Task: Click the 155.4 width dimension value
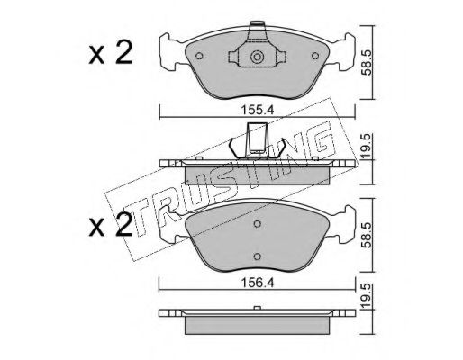(x=258, y=110)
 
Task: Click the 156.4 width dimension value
(x=258, y=283)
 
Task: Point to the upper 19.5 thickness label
(x=367, y=147)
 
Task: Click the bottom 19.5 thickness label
(x=367, y=297)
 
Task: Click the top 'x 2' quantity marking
(x=111, y=53)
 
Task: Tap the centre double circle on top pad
(x=257, y=57)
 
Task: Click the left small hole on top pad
(x=199, y=56)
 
